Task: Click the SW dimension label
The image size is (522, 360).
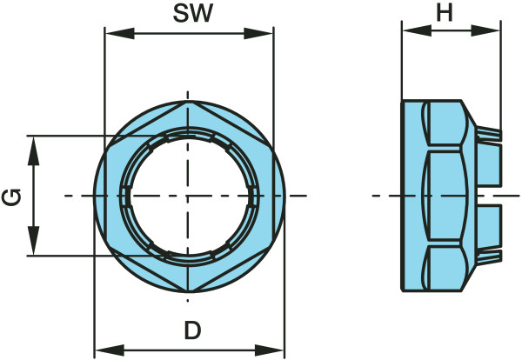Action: click(193, 14)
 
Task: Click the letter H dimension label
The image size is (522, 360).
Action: click(445, 14)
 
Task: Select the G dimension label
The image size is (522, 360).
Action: click(11, 197)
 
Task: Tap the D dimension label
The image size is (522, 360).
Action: click(193, 330)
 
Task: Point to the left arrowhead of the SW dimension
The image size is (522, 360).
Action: click(119, 33)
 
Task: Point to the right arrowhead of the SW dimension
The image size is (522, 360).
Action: click(258, 33)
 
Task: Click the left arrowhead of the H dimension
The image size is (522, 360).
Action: click(417, 30)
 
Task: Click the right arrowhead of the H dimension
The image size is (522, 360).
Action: click(485, 30)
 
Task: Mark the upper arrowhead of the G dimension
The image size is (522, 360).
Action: click(33, 150)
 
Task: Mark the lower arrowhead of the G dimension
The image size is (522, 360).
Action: click(33, 241)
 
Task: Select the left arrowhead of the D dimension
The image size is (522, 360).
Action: click(110, 350)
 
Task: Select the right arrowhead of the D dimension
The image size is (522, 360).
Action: click(269, 350)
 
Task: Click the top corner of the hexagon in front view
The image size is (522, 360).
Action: click(188, 102)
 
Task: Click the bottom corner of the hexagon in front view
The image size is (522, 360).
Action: click(188, 291)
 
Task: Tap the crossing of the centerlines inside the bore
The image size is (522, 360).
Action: click(188, 196)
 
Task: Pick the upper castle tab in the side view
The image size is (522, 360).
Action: click(489, 163)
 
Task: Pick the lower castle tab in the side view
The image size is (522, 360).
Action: click(489, 227)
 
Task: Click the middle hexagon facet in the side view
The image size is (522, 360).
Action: click(445, 196)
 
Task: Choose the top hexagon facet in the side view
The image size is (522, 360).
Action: click(445, 123)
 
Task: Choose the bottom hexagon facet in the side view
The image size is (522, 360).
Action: click(445, 269)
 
